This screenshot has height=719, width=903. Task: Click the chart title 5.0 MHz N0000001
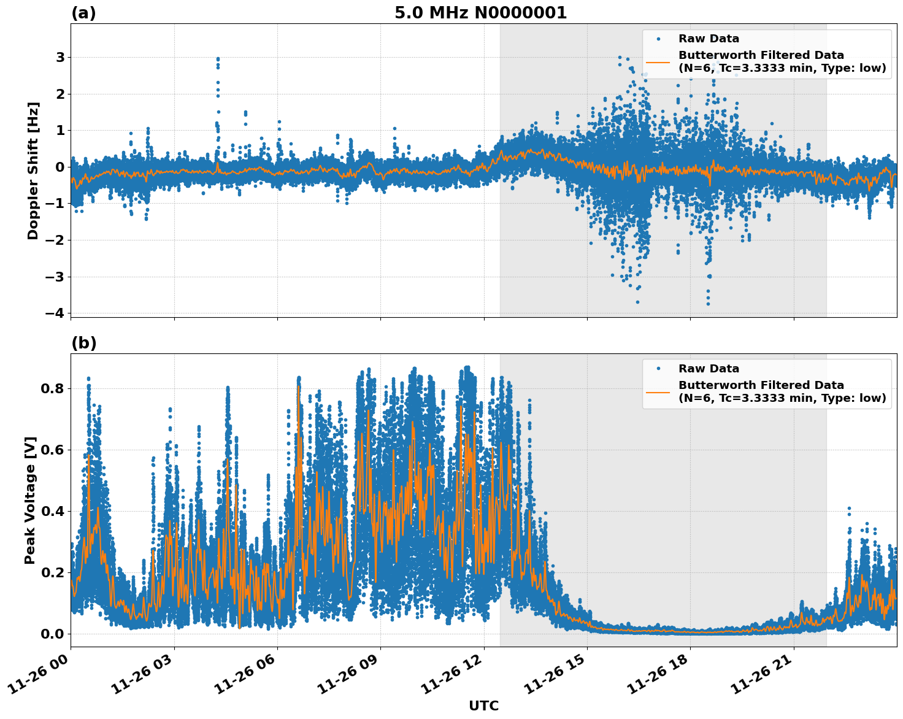click(x=480, y=13)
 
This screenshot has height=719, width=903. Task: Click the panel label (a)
click(x=83, y=13)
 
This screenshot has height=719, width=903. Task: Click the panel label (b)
click(x=83, y=343)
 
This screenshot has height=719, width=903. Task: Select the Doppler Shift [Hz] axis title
click(x=33, y=171)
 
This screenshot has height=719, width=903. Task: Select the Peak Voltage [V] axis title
click(x=31, y=500)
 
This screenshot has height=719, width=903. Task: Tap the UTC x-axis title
click(x=483, y=706)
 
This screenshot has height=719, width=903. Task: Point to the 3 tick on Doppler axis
click(x=60, y=58)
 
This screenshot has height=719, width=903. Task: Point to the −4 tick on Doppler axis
click(x=55, y=313)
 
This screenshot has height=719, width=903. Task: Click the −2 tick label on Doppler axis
click(x=55, y=240)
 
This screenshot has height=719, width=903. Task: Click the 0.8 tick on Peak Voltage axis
click(x=52, y=388)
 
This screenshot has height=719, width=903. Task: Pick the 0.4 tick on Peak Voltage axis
click(x=52, y=511)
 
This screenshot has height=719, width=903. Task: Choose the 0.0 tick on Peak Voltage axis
click(x=52, y=634)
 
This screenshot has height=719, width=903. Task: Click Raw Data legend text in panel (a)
click(x=709, y=39)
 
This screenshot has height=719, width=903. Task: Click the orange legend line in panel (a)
click(x=658, y=62)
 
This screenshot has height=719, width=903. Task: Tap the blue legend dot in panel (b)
click(x=658, y=369)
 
